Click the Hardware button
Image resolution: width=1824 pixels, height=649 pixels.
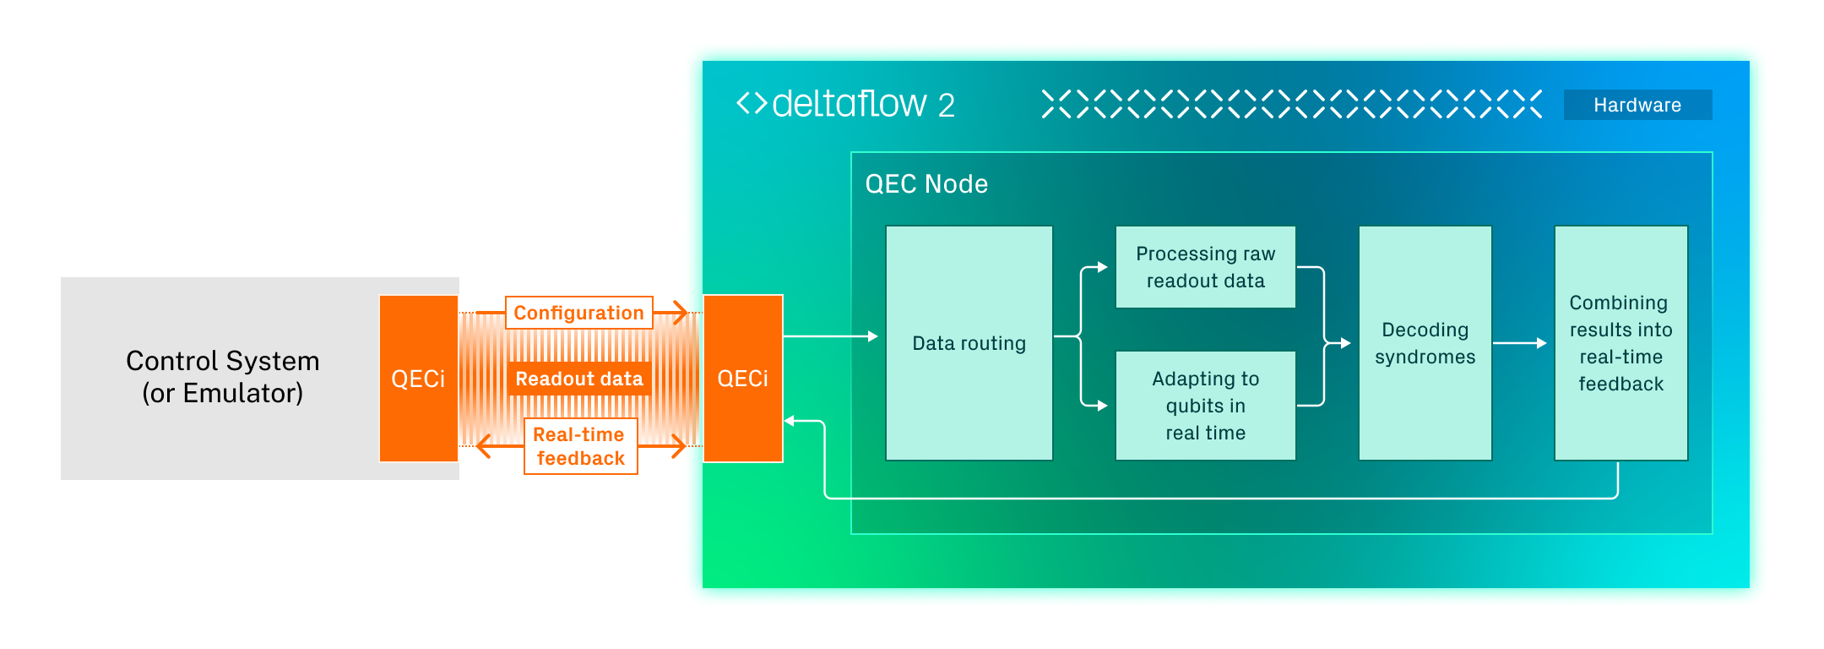(x=1637, y=105)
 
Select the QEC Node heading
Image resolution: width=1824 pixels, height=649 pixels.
(x=926, y=184)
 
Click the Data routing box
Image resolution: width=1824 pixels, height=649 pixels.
(x=969, y=343)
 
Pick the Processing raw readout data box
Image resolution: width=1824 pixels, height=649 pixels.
(x=1205, y=267)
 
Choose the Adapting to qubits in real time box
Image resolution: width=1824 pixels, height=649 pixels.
(x=1205, y=406)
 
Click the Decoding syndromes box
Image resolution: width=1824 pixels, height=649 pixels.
(x=1425, y=343)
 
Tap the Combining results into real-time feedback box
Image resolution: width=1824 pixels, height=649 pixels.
(x=1620, y=343)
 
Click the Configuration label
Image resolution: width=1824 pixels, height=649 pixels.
(x=578, y=313)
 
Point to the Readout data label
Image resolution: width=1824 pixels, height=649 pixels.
(x=579, y=379)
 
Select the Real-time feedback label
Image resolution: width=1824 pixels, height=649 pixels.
(x=580, y=446)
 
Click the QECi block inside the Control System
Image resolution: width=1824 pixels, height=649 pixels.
(x=418, y=379)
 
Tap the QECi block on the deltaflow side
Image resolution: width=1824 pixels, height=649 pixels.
(x=742, y=379)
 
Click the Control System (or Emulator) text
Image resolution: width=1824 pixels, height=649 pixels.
(x=222, y=377)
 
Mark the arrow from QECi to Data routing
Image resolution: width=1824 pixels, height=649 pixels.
(x=832, y=336)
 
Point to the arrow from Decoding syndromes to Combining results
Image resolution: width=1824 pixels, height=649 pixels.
(x=1520, y=343)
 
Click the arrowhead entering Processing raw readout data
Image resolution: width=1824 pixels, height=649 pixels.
(x=1101, y=267)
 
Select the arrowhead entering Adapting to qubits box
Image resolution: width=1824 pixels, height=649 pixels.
(x=1101, y=406)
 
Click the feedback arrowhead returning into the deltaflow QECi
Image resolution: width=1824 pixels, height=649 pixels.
(x=790, y=421)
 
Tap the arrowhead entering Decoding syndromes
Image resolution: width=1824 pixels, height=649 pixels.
(x=1345, y=343)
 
